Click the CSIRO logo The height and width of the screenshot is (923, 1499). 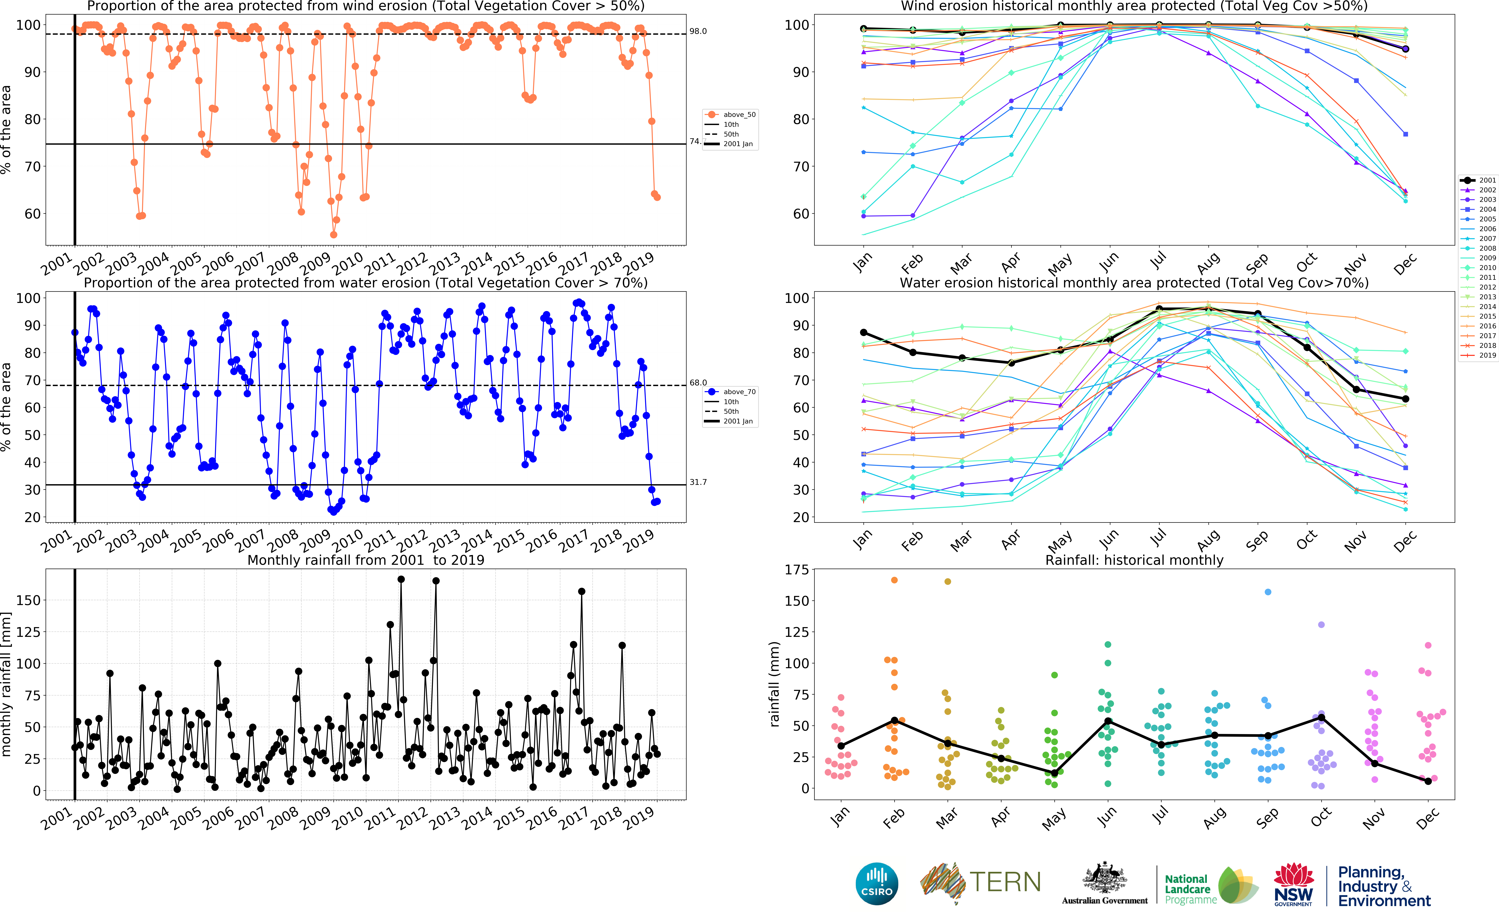click(x=877, y=883)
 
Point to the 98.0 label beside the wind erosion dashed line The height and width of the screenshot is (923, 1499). click(x=698, y=31)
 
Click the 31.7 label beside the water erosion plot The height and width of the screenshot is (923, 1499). click(x=698, y=482)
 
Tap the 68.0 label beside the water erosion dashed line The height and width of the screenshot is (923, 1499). click(x=698, y=383)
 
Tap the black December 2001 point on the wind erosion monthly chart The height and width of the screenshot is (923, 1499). click(x=1406, y=49)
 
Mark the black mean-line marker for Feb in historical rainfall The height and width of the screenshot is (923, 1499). click(x=894, y=720)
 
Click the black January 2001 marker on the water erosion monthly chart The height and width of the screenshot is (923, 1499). click(x=863, y=333)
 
